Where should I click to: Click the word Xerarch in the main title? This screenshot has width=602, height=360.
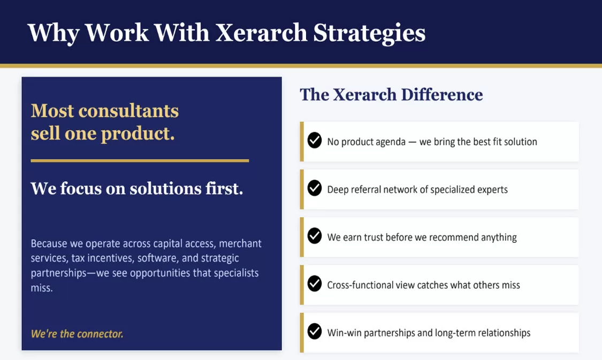(x=261, y=33)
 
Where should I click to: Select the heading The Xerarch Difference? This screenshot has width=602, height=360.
(x=391, y=95)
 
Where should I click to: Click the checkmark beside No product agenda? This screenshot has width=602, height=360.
(x=315, y=141)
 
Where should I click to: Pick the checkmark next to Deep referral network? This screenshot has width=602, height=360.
(x=315, y=188)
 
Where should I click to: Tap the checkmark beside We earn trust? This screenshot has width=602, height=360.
(x=315, y=236)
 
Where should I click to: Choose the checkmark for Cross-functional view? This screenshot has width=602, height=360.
(x=315, y=284)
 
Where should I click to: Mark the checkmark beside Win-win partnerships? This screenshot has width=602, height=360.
(x=315, y=331)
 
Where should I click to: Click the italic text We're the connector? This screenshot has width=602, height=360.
(x=77, y=334)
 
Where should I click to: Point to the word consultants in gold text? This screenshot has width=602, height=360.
(x=128, y=111)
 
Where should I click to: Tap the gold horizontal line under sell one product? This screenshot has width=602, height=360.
(x=140, y=161)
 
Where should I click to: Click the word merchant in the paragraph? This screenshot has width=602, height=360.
(x=240, y=243)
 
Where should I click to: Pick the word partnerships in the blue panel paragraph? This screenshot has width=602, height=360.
(x=58, y=273)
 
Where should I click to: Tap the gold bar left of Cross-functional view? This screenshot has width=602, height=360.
(x=302, y=285)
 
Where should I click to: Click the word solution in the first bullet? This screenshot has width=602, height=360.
(x=521, y=142)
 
